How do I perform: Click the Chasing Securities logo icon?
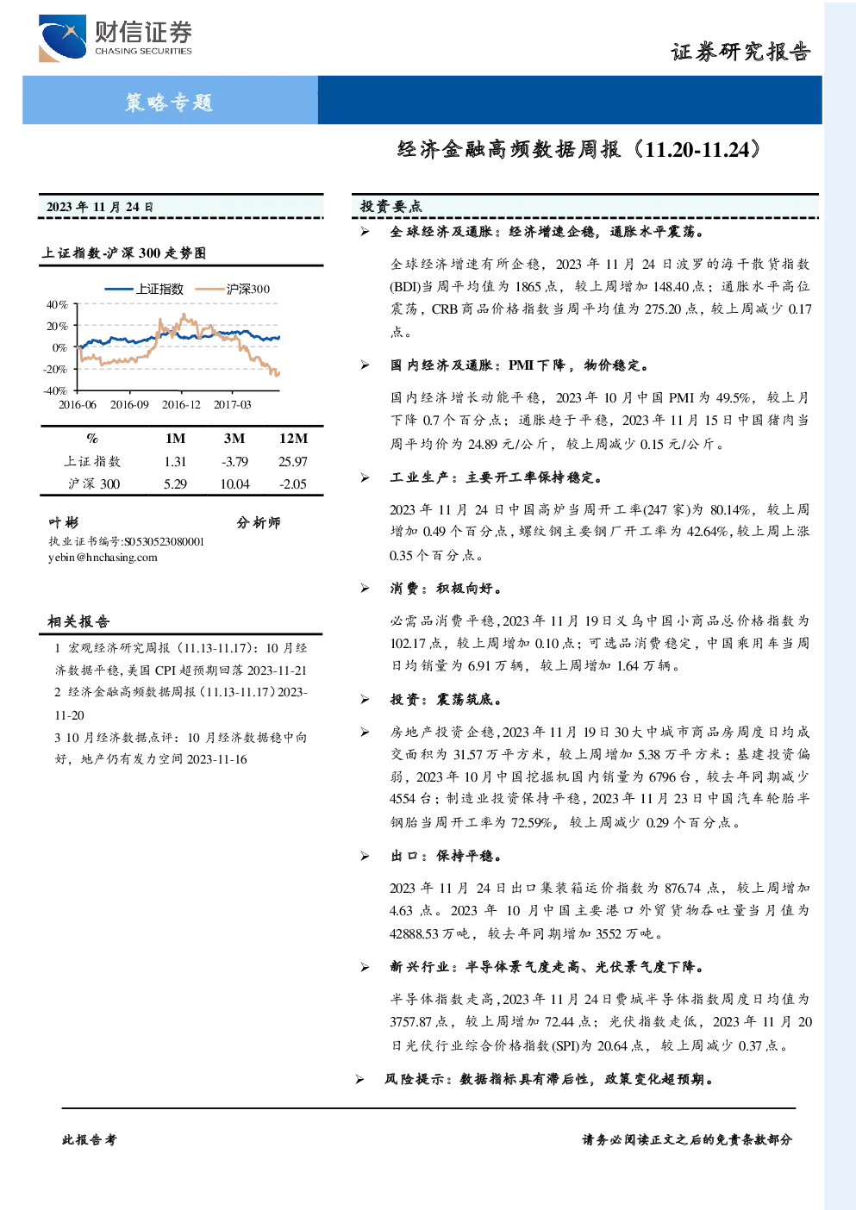[62, 39]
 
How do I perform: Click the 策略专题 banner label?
[169, 102]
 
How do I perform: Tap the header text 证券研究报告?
[740, 52]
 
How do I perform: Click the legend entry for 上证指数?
[144, 289]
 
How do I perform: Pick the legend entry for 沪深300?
[233, 289]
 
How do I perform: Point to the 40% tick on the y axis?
[57, 305]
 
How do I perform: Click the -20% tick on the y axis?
[56, 370]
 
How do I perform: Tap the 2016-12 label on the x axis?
[181, 404]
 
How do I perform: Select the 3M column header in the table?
[234, 438]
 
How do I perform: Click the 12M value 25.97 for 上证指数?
[293, 461]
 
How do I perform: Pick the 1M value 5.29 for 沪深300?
[175, 484]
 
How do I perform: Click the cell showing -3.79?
[234, 461]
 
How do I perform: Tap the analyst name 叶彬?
[63, 522]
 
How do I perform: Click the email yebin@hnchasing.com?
[103, 558]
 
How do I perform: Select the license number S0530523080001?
[164, 542]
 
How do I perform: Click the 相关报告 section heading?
[78, 621]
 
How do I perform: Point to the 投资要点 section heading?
[391, 206]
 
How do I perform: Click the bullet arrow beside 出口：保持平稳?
[365, 856]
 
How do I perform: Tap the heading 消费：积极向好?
[446, 589]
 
